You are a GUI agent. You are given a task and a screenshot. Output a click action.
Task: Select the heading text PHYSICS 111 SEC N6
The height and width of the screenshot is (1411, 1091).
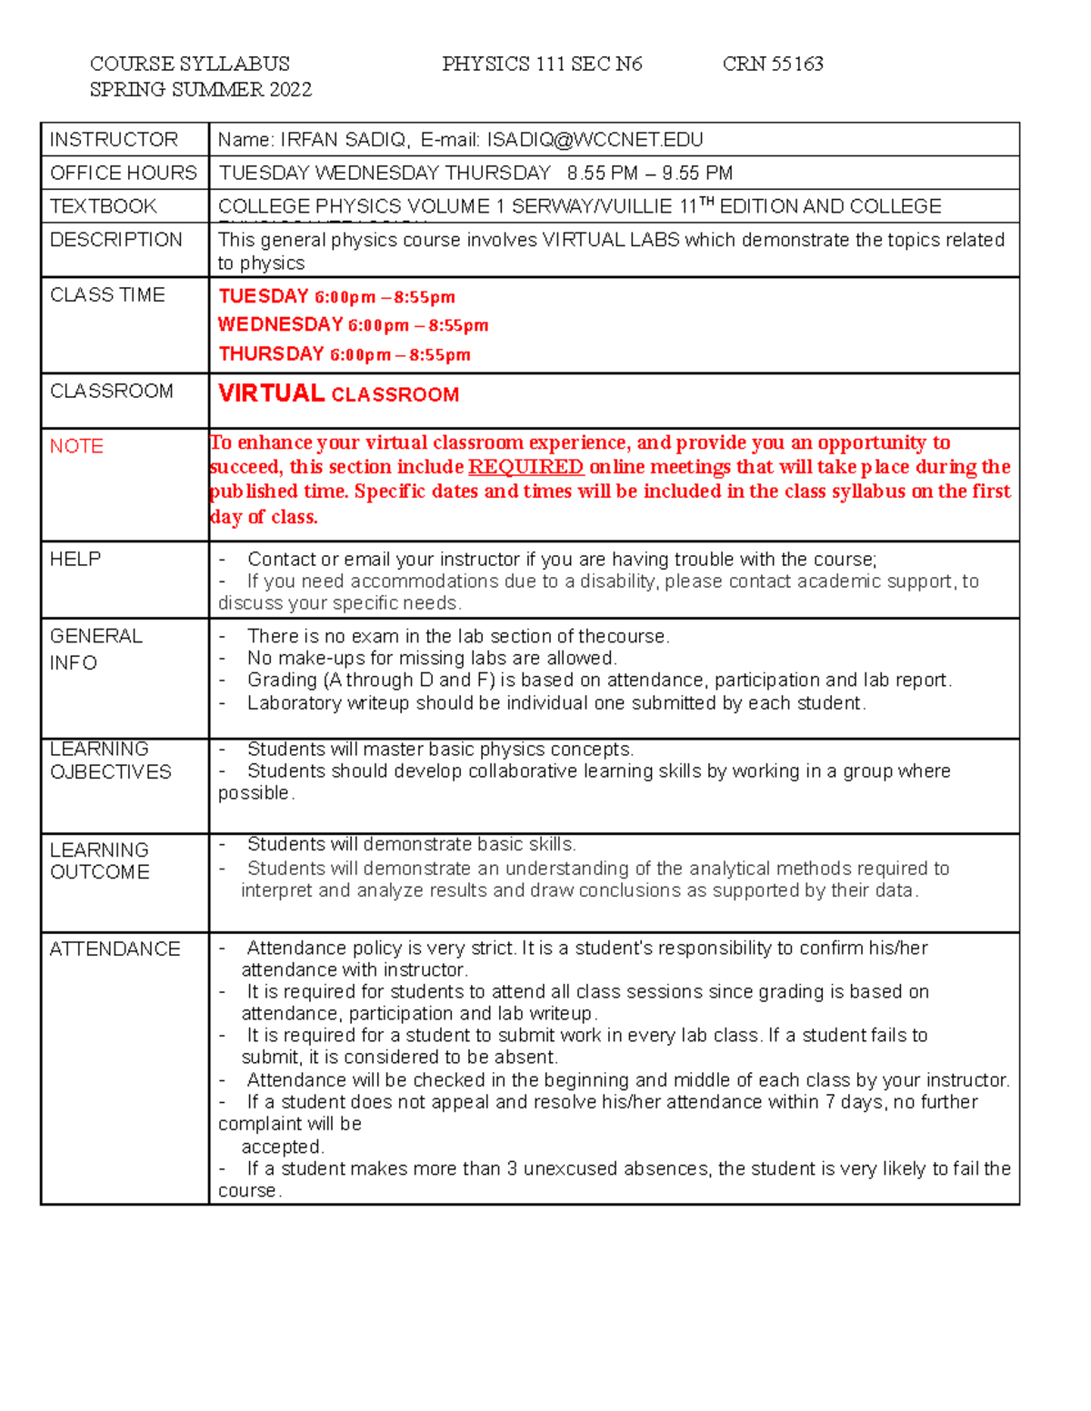(542, 64)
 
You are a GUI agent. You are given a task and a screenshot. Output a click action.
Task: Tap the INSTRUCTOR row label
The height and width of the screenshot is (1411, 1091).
(114, 140)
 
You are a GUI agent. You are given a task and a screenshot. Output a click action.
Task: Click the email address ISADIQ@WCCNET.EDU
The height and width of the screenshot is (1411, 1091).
(595, 140)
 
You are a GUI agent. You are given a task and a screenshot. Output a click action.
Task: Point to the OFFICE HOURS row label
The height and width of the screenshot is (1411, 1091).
(124, 173)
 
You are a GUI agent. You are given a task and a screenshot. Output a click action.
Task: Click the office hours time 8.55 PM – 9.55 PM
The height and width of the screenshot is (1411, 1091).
(649, 173)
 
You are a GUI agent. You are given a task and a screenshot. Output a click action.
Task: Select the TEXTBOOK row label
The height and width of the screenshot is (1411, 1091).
(104, 206)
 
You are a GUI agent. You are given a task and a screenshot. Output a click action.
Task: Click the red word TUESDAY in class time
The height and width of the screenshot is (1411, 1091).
(264, 297)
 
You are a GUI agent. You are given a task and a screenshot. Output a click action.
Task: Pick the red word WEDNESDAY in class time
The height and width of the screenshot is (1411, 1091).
(280, 325)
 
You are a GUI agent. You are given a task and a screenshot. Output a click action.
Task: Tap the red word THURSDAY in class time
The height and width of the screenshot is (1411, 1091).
(271, 354)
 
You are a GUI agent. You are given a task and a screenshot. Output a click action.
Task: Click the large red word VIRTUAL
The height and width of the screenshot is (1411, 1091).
(271, 393)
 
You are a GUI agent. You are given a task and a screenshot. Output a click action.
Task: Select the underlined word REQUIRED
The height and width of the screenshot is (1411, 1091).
(525, 467)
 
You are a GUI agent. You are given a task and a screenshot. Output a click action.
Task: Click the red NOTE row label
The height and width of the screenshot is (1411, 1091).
(76, 446)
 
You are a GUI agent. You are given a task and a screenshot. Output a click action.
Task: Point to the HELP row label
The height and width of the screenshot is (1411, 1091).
(75, 559)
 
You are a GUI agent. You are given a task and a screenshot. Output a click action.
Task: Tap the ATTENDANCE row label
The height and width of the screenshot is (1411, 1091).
(115, 949)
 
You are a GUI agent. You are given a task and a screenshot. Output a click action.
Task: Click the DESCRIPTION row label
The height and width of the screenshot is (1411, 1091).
(116, 240)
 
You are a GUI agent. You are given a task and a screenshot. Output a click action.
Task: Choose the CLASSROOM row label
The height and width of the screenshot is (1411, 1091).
(112, 391)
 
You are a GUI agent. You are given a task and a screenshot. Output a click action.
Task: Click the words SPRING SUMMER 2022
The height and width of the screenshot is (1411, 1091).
(201, 89)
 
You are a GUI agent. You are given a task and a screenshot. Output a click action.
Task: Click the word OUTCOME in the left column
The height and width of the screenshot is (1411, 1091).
(100, 872)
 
